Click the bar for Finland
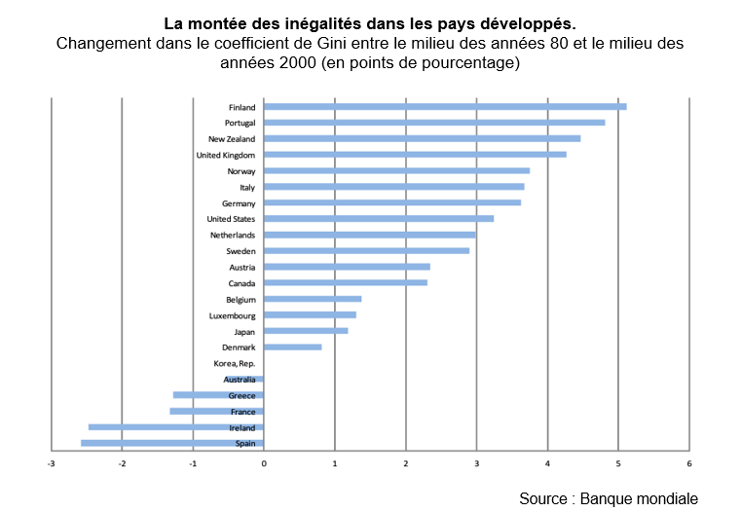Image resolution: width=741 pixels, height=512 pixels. click(444, 107)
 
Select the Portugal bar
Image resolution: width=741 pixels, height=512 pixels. click(433, 123)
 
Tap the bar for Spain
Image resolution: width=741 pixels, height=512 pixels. click(172, 444)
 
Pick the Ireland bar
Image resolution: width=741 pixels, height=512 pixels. click(176, 427)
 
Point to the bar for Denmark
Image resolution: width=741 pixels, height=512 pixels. click(292, 347)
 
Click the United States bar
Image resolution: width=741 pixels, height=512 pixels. click(378, 219)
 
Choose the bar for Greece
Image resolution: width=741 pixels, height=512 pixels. click(218, 395)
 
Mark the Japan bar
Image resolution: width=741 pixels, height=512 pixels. click(306, 331)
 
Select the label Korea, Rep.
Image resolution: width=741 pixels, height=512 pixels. click(235, 363)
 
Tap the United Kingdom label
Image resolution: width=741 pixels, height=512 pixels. click(226, 155)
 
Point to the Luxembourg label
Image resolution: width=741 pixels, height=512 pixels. click(232, 315)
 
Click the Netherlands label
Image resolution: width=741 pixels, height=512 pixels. click(233, 236)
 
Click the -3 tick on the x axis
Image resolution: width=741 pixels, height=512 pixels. click(52, 463)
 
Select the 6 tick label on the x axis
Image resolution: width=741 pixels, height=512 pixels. click(688, 463)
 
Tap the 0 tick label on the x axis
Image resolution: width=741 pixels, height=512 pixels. click(264, 463)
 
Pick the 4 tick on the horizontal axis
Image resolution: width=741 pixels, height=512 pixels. click(547, 463)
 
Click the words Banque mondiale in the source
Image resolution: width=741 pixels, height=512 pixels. click(639, 497)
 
